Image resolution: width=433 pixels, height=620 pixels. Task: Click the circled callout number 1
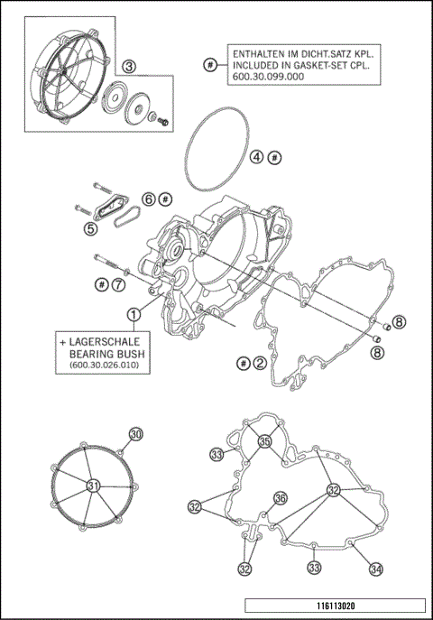(x=133, y=314)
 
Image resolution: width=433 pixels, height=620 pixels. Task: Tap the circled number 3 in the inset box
(x=129, y=66)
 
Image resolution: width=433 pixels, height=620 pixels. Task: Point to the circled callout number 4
(x=257, y=157)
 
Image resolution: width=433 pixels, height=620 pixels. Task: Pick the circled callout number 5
(x=90, y=229)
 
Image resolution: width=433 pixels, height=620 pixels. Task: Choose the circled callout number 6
(x=149, y=198)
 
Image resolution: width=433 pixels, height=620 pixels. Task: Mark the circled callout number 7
(x=118, y=284)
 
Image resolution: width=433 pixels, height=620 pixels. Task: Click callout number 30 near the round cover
(x=135, y=435)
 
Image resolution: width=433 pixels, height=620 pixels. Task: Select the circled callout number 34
(x=375, y=569)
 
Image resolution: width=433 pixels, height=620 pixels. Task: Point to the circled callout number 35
(x=264, y=441)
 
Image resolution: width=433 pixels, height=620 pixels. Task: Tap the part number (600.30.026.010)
(x=105, y=366)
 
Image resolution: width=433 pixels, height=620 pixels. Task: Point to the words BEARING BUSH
(x=107, y=356)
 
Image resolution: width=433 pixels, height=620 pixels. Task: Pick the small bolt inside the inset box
(x=165, y=119)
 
